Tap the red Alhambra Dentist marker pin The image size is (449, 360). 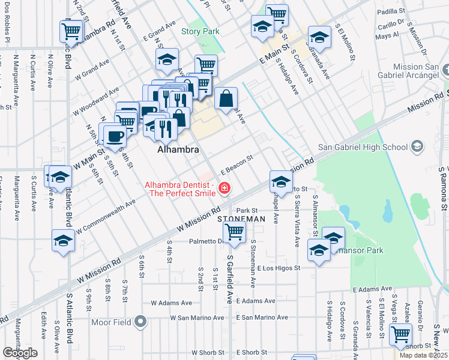[x=224, y=188]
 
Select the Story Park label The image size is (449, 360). [x=200, y=31]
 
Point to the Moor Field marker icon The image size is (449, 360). [x=140, y=322]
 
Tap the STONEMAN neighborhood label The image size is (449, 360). [x=241, y=220]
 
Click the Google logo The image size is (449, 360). [x=20, y=353]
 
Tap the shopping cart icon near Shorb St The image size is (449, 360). [x=400, y=334]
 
